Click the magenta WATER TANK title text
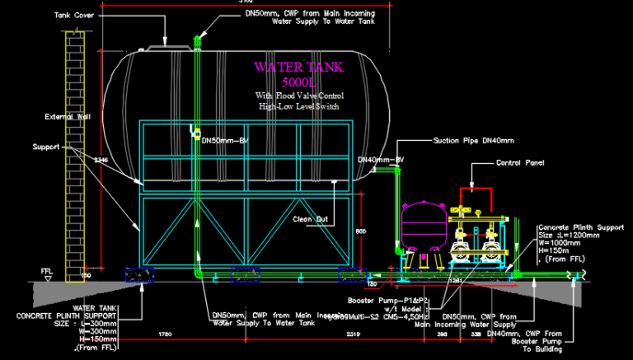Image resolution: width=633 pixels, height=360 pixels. pos(298,67)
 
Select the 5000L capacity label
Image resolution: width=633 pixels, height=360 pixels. pos(298,82)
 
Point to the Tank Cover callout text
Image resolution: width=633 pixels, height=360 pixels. pos(73,15)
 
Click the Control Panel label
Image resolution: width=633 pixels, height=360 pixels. pos(522,163)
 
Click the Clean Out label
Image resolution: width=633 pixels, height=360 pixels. pos(312,219)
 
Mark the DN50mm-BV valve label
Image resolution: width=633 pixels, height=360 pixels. pos(226,140)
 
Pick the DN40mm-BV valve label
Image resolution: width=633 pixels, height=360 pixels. pos(380,159)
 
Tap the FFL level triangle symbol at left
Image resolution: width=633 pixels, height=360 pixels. pos(47,278)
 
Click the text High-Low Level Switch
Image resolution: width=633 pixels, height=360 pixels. pos(298,106)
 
